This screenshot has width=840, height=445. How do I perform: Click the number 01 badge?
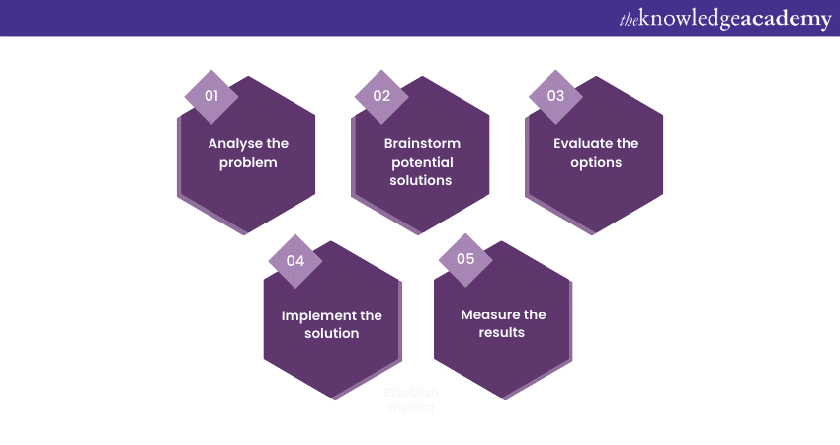tap(210, 96)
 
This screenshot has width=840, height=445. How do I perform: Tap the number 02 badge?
tap(381, 96)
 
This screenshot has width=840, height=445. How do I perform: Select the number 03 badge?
tap(555, 96)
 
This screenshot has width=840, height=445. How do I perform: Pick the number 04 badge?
tap(294, 261)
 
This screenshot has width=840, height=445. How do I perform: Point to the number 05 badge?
tap(464, 258)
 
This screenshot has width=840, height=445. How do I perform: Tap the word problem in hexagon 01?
tap(248, 161)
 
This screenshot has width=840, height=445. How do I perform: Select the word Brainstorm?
tap(422, 143)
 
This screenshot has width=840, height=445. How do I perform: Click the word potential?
tap(422, 162)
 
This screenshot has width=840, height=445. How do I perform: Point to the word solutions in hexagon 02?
tap(422, 180)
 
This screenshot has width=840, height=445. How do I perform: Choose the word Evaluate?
tap(583, 143)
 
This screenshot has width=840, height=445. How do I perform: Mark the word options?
tap(596, 161)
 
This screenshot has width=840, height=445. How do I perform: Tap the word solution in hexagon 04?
tap(332, 333)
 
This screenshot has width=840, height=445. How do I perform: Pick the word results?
tap(503, 332)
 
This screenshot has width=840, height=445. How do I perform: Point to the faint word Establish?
tap(410, 392)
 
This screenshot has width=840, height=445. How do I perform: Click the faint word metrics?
tap(410, 407)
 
